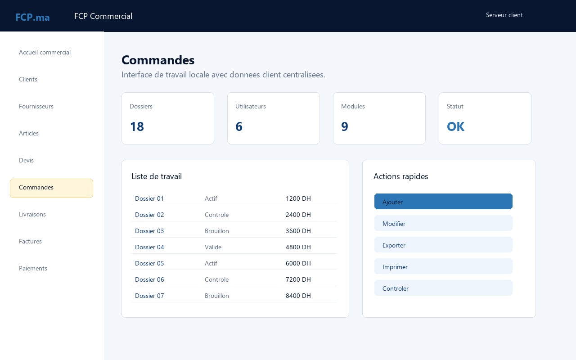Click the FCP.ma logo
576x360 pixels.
[32, 17]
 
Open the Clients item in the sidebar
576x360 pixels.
[28, 79]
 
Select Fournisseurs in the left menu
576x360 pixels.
[36, 106]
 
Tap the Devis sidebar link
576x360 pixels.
[26, 160]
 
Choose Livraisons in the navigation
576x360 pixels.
[32, 214]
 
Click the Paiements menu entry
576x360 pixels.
[33, 268]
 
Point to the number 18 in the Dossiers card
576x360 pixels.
[137, 126]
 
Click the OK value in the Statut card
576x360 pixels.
[456, 126]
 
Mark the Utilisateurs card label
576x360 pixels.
[251, 106]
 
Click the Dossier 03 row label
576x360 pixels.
[149, 231]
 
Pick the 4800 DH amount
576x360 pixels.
[298, 247]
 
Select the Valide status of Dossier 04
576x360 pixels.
[213, 247]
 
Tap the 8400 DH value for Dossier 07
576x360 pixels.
[298, 296]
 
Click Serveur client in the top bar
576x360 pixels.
[504, 15]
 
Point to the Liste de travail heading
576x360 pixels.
[157, 176]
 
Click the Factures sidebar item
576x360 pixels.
[30, 241]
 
